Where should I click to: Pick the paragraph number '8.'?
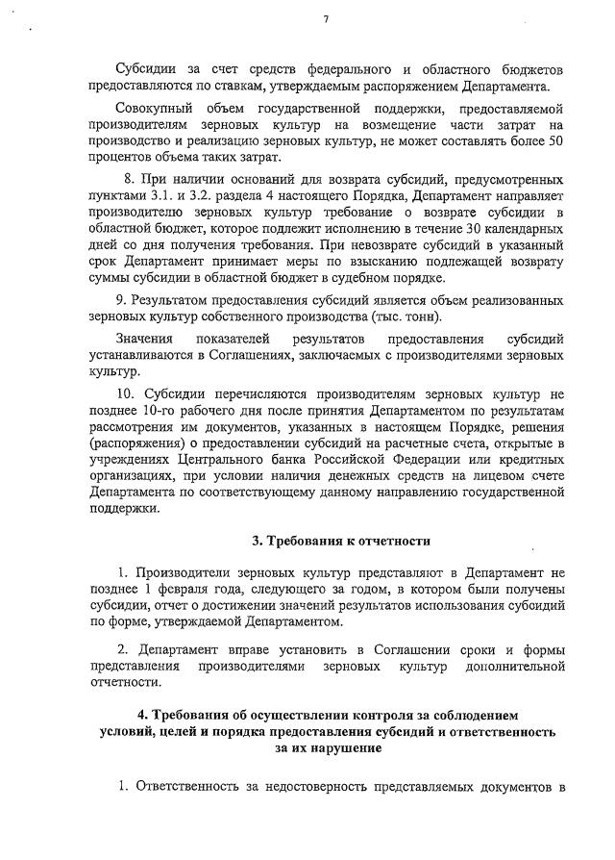tap(131, 179)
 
